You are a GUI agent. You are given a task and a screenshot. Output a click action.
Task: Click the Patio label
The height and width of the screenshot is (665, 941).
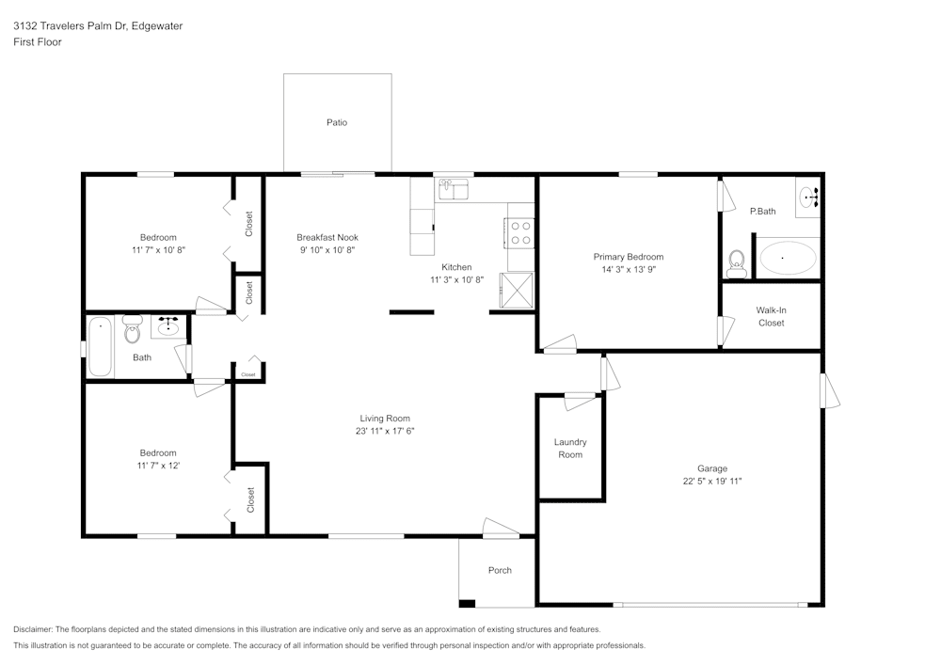337,122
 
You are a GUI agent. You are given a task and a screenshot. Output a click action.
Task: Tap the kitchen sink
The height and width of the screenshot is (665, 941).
454,189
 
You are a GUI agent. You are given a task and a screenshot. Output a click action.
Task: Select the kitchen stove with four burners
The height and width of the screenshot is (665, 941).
520,233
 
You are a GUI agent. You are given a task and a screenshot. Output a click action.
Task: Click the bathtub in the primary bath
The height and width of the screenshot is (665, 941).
788,258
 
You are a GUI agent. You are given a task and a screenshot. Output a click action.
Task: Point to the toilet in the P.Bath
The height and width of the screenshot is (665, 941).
736,264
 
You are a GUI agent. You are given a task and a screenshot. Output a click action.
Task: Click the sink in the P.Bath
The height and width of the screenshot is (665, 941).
808,196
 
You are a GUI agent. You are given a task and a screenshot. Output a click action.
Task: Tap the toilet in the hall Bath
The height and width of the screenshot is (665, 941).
132,329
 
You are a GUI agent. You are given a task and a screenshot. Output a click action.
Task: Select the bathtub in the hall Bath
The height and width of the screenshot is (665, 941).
101,347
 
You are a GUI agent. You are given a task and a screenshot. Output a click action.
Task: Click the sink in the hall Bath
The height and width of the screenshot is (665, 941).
168,326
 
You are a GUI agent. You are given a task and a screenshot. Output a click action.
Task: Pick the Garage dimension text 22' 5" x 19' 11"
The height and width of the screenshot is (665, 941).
712,481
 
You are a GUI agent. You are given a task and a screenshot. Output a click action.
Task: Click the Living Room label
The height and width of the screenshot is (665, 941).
385,419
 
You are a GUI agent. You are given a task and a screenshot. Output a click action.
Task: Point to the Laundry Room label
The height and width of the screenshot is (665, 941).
570,449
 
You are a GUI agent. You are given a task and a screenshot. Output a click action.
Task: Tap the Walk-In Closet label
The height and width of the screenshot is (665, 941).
772,317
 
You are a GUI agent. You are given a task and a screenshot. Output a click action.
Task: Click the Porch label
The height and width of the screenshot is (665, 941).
500,570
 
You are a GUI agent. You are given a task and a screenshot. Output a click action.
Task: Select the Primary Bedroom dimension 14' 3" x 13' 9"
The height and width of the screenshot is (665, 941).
629,269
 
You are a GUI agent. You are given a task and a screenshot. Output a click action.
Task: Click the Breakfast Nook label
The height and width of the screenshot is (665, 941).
327,237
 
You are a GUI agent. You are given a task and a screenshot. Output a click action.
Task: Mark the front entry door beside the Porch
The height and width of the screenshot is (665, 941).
502,527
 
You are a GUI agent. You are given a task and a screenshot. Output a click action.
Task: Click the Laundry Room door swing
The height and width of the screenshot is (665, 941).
581,401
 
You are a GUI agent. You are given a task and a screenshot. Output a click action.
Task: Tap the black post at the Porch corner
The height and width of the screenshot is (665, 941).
467,603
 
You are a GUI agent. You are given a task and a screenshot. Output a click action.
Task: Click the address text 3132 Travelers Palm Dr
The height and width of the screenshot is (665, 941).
71,25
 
